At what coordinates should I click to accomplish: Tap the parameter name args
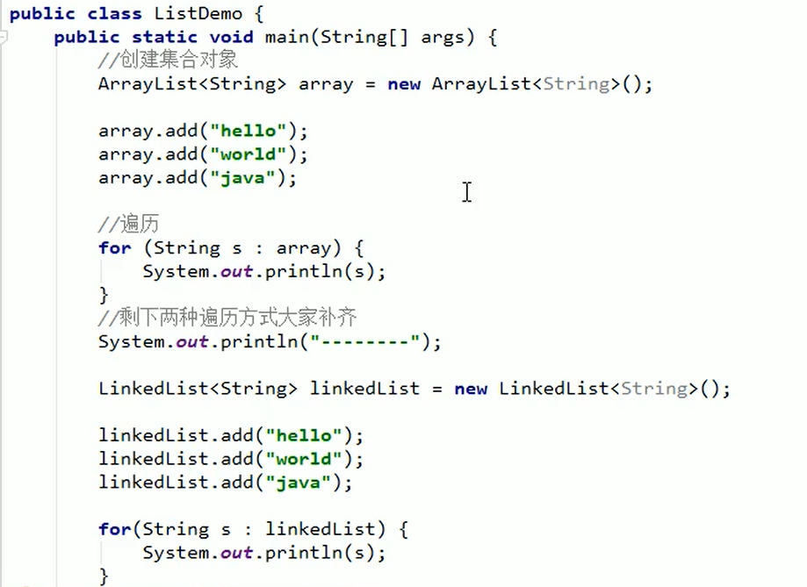tap(443, 37)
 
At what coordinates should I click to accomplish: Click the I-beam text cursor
tap(466, 191)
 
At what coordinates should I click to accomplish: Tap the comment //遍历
tap(129, 225)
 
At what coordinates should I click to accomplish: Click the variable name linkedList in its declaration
tap(364, 389)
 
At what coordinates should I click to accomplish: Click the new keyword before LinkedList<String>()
tap(471, 389)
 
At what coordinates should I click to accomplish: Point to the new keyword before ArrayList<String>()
tap(404, 84)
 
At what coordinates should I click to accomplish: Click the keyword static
tap(165, 37)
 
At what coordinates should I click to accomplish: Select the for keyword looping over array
tap(114, 248)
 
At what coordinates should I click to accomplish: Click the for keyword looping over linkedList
tap(114, 529)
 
